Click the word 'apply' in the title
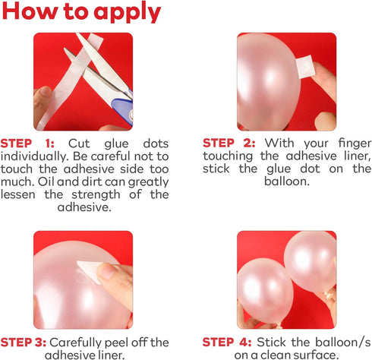coord(128,13)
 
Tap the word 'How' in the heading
coord(30,11)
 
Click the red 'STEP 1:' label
coord(27,144)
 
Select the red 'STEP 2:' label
coord(229,143)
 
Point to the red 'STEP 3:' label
coord(24,343)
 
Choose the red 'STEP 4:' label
coord(227,343)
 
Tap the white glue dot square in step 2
coord(305,67)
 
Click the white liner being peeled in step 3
coord(89,271)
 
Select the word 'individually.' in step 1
coord(35,156)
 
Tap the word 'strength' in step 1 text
coord(96,194)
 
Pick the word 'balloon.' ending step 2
coord(287,182)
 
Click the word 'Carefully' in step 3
coord(75,343)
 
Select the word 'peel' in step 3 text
coord(116,343)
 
